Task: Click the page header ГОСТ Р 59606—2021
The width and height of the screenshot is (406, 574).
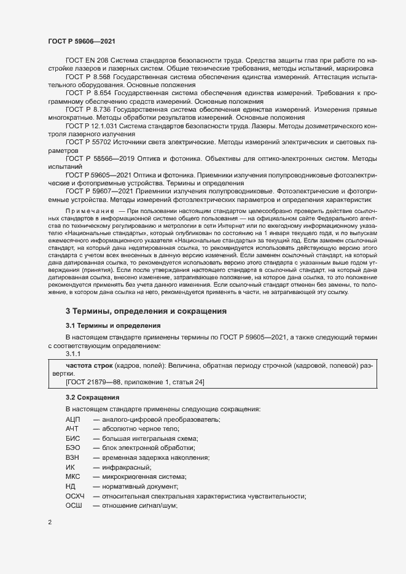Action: tap(80, 41)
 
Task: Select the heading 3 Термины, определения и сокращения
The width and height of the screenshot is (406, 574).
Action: tap(146, 311)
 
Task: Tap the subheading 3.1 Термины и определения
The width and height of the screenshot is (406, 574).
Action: tap(114, 325)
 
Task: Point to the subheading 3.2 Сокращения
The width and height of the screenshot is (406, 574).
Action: tap(93, 397)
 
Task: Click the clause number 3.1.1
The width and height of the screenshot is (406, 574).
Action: tap(73, 354)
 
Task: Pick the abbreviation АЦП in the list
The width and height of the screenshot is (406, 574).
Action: tap(73, 418)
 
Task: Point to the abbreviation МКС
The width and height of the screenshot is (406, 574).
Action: tap(73, 477)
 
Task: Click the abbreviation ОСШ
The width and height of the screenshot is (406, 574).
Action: tap(74, 505)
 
